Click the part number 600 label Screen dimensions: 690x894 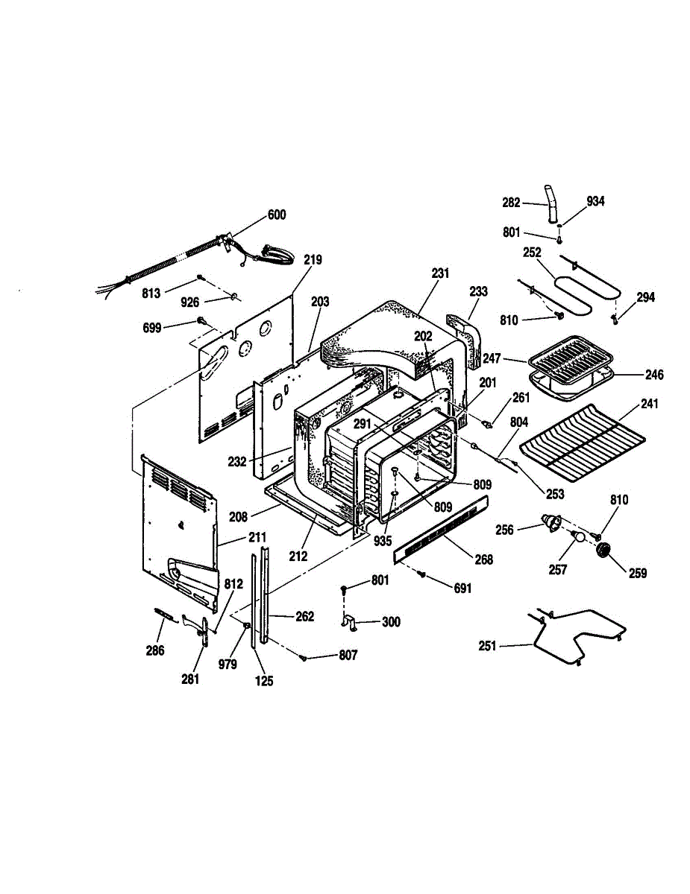pos(277,215)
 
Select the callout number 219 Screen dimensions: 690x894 pos(313,260)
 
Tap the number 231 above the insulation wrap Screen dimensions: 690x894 pos(440,273)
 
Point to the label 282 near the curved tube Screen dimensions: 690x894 pos(511,203)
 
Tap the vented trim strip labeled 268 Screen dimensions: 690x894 pos(440,530)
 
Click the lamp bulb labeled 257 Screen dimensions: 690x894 pos(577,536)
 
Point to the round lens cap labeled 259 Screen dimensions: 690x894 pos(604,550)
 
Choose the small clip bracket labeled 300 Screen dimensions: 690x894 pos(349,622)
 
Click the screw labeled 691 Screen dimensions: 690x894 pos(421,573)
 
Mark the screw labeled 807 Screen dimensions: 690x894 pos(304,659)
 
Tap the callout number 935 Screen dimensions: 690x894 pos(383,541)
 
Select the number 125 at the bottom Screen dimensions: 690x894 pos(264,681)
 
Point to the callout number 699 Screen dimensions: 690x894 pos(152,328)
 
